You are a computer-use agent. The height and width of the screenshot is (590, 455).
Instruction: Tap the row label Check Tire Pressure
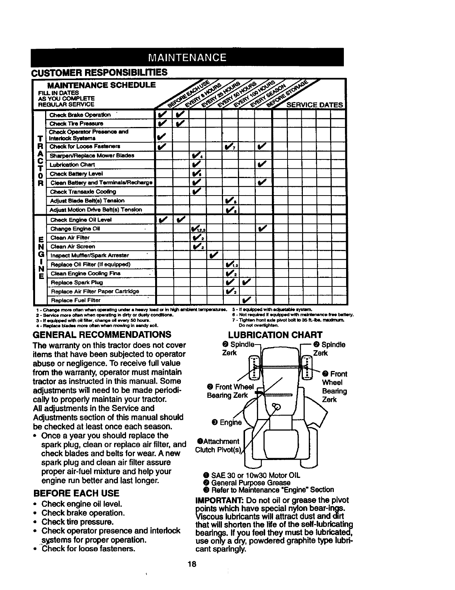(x=76, y=123)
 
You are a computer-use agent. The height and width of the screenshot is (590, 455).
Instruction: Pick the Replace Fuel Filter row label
(x=76, y=300)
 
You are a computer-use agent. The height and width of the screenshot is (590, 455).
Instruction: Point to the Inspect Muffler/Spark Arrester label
(x=90, y=255)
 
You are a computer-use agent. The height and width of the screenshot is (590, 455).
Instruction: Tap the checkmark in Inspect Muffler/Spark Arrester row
(x=213, y=255)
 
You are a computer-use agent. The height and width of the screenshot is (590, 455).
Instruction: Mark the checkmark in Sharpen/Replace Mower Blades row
(x=197, y=156)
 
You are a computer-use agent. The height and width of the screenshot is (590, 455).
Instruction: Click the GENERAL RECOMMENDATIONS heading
(x=103, y=334)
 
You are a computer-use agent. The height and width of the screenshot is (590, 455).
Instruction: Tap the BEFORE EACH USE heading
(x=76, y=493)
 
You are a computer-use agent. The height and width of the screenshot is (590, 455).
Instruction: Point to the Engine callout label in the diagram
(x=226, y=423)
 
